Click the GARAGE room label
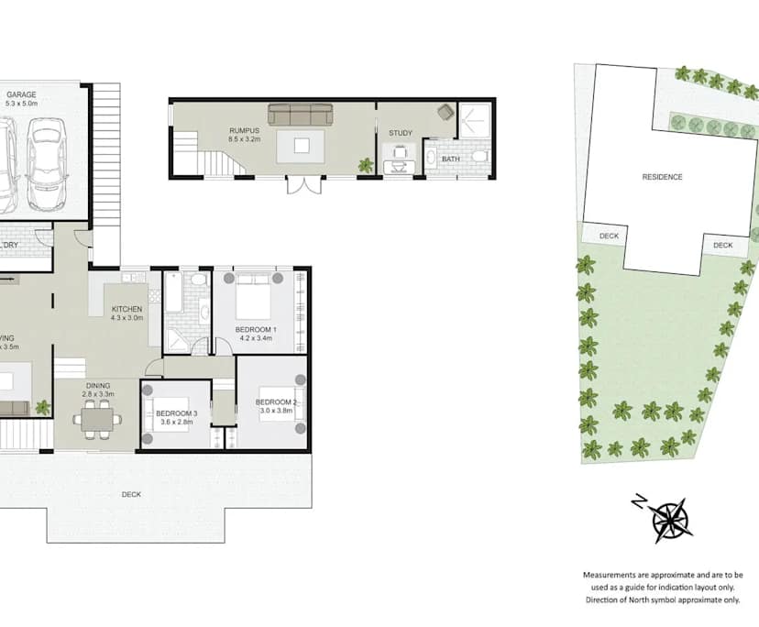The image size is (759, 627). [x=21, y=93]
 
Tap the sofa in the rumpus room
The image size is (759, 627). [x=300, y=115]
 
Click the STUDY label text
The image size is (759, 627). [x=401, y=134]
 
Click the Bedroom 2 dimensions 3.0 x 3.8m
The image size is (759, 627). [x=275, y=412]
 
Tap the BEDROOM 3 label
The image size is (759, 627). [x=177, y=413]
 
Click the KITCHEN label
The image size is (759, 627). [x=126, y=310]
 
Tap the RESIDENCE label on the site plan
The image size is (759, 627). [x=662, y=177]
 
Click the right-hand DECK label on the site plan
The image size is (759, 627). [x=723, y=245]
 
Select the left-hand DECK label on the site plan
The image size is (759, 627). [x=609, y=236]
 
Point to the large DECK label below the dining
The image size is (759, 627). [x=131, y=495]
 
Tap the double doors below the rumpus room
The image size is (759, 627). [x=302, y=185]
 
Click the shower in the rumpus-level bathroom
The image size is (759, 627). [x=476, y=118]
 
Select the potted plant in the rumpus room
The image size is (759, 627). [x=366, y=166]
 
